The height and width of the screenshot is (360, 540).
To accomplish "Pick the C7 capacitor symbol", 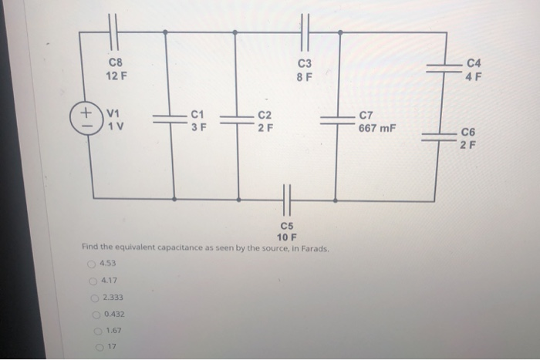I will pyautogui.click(x=337, y=119).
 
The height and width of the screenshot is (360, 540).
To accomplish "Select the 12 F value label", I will pyautogui.click(x=116, y=77).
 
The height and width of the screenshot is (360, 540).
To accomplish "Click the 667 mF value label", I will pyautogui.click(x=376, y=128).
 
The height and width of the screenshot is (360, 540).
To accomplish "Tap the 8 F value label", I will pyautogui.click(x=304, y=77).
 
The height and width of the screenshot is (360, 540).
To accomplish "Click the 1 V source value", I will pyautogui.click(x=116, y=126).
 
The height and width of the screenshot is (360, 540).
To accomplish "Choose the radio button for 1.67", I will pyautogui.click(x=98, y=331).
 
